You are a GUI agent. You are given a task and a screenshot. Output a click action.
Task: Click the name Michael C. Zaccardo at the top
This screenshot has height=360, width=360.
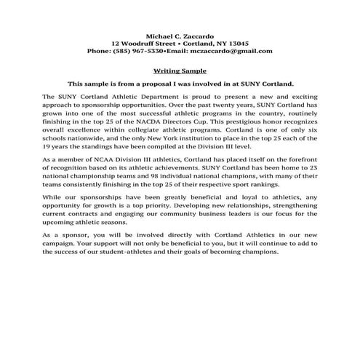pos(180,35)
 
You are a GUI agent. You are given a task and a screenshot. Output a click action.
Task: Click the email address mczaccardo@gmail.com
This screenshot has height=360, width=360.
pos(232,51)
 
